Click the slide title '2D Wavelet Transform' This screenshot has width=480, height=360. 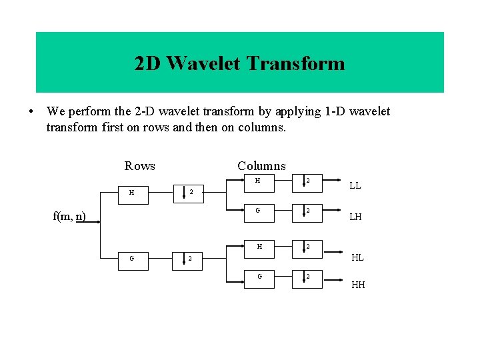pos(239,63)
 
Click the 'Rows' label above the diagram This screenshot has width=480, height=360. pos(139,166)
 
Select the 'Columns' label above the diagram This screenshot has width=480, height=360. pos(261,166)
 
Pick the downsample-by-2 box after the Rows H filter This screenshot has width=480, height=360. pos(191,193)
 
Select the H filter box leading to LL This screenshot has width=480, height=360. pos(257,181)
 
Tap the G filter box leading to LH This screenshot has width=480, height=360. pos(257,211)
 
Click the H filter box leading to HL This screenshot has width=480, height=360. pos(257,247)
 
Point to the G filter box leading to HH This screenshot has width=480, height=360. pos(257,276)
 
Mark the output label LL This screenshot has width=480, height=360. pos(355,185)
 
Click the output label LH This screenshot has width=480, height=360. pos(355,217)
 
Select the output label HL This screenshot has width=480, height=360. pos(357,258)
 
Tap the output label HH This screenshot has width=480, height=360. pos(358,285)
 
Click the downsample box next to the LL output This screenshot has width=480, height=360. pos(307,181)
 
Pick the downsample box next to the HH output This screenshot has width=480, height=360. pos(307,276)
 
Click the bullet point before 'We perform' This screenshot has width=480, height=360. pos(31,112)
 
